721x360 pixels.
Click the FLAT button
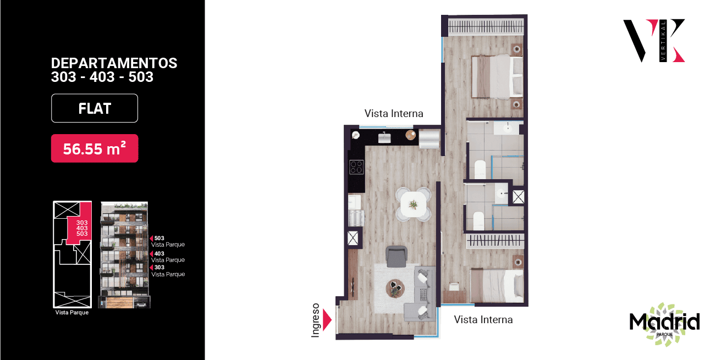point(95,108)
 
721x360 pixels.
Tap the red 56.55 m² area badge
point(95,148)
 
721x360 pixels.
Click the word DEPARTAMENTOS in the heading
point(114,63)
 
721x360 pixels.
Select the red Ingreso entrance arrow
point(327,320)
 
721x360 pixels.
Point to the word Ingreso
point(316,320)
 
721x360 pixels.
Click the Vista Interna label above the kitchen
point(394,114)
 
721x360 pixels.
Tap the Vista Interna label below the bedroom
point(483,319)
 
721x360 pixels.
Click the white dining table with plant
point(413,204)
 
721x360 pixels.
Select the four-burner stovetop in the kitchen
point(356,167)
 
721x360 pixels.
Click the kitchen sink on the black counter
point(384,138)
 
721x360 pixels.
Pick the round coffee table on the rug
point(395,289)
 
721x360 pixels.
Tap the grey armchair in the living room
point(397,257)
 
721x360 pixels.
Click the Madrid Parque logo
point(664,324)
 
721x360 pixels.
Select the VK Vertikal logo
point(654,41)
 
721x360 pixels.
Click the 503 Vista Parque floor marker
point(167,241)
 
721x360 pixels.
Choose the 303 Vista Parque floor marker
point(167,270)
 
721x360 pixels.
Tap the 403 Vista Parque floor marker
point(167,257)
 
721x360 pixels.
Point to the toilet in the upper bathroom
point(480,169)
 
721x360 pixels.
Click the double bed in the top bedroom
point(497,76)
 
